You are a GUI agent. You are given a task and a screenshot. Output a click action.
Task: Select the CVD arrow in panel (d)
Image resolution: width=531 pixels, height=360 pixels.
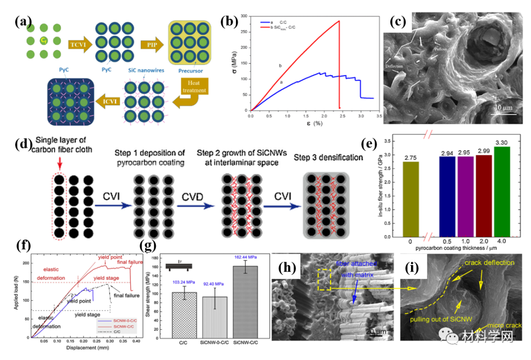tap(196, 202)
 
